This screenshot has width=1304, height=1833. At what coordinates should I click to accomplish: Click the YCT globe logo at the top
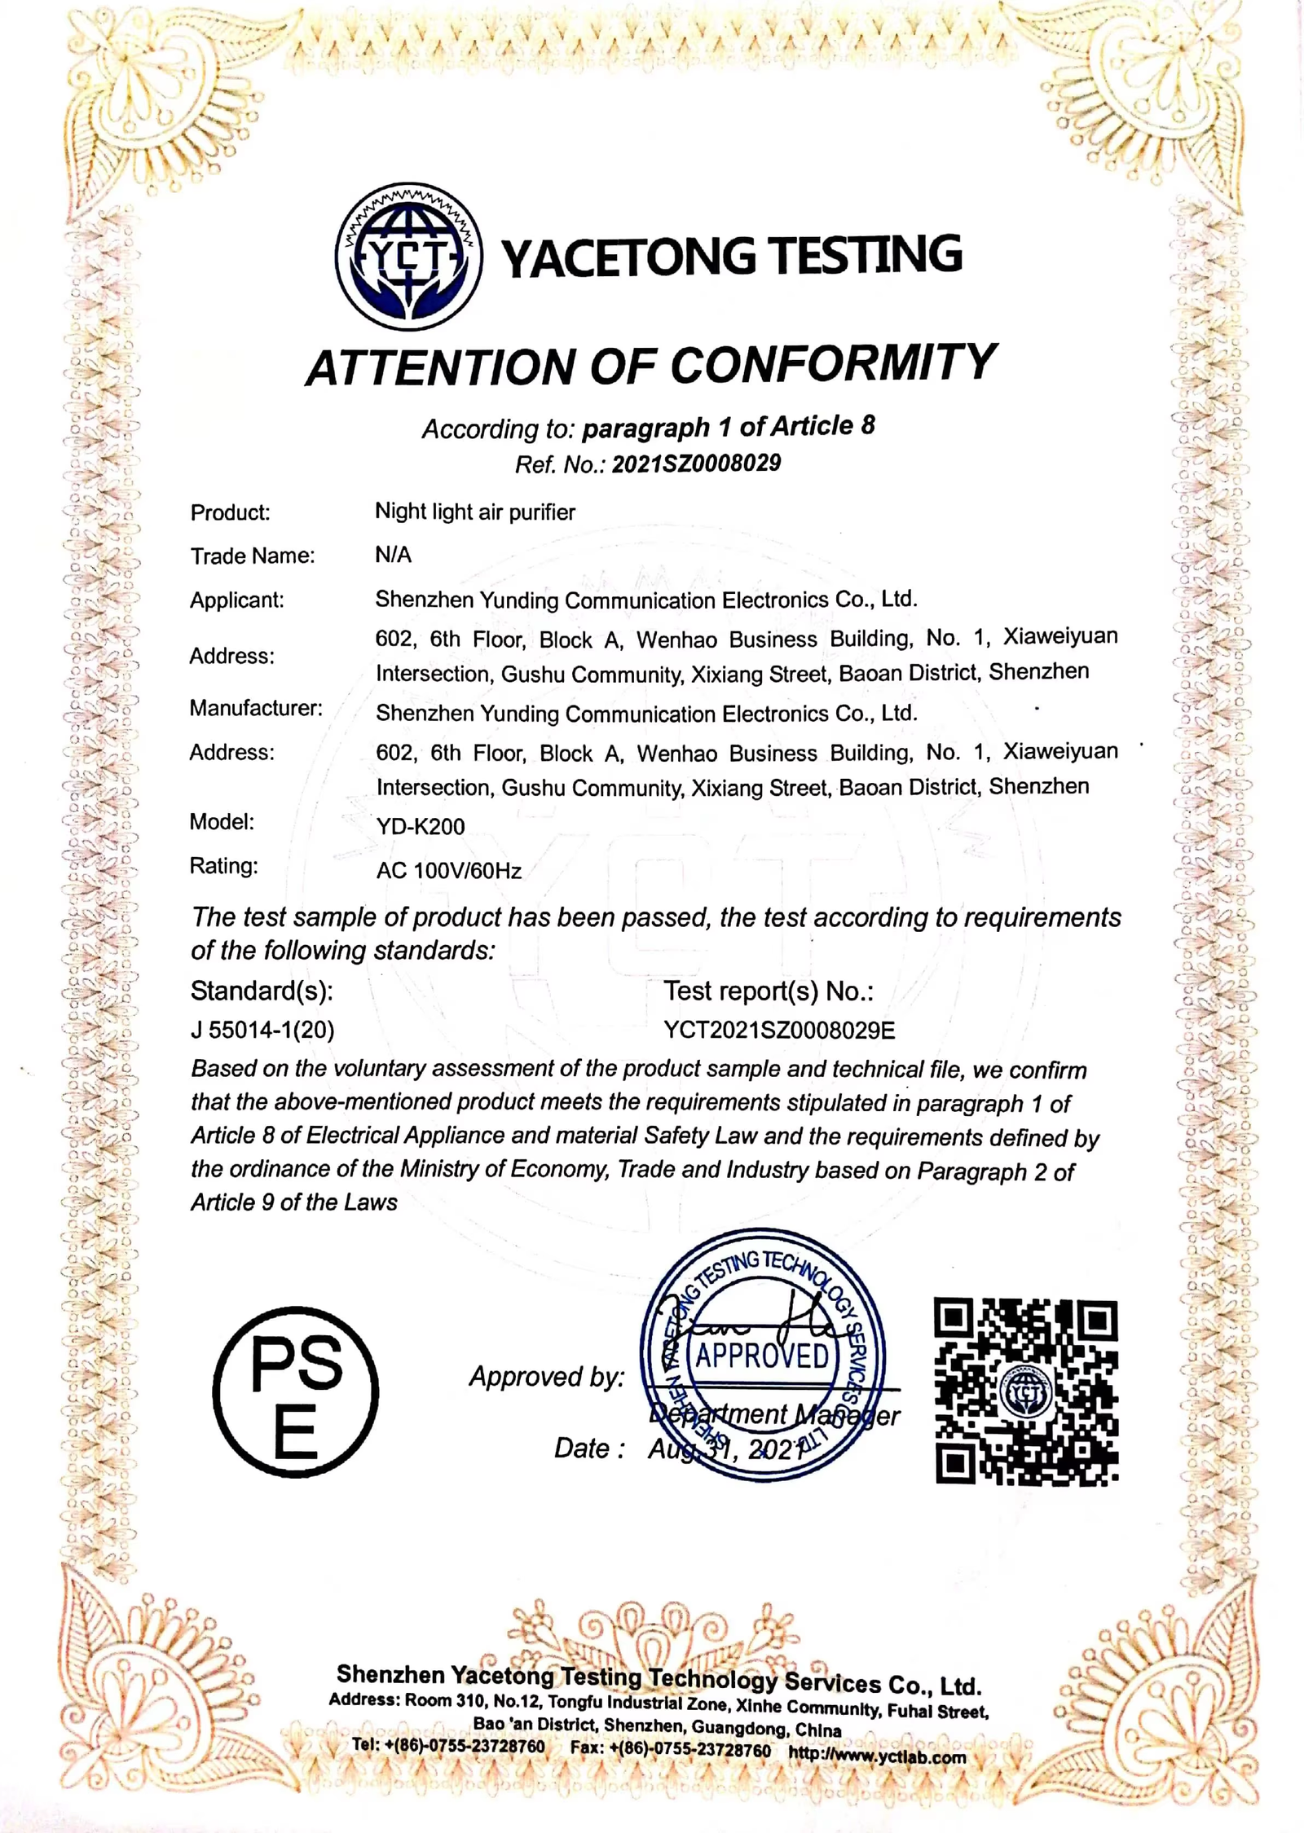point(408,256)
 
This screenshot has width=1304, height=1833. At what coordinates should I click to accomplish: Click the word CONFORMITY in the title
point(833,365)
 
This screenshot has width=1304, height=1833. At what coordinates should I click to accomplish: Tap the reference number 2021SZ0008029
point(696,464)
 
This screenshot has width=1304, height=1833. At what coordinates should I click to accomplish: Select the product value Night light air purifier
point(474,512)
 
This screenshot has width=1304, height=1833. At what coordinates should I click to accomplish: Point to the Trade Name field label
point(252,556)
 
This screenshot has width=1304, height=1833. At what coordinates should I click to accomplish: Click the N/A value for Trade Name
point(393,555)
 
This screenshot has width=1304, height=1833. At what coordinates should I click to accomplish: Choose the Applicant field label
point(236,600)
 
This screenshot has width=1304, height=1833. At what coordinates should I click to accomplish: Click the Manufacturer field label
point(256,708)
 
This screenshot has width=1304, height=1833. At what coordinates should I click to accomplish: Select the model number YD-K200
point(420,826)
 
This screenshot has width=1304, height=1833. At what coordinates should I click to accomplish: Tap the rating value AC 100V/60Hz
point(448,870)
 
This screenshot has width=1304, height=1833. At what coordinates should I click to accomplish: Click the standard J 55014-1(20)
point(262,1031)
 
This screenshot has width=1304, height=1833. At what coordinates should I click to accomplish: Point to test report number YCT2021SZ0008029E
point(779,1031)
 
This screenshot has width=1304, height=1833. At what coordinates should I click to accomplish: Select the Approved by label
point(546,1377)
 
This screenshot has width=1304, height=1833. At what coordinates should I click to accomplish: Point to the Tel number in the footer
point(448,1746)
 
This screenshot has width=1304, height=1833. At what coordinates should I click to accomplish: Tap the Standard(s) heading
point(262,991)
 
